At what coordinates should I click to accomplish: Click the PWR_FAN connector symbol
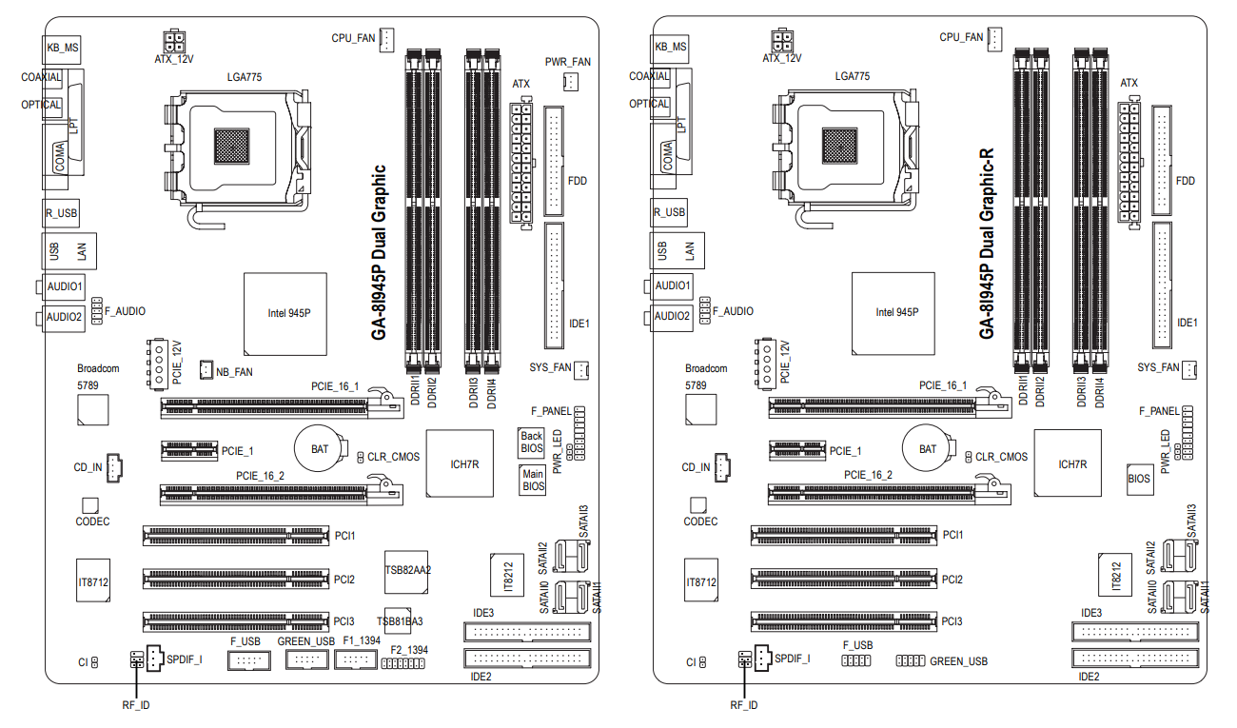(x=571, y=82)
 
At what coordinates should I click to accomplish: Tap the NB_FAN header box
(x=206, y=370)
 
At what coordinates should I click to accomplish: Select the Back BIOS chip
(x=531, y=443)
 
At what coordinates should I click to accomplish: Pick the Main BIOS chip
(x=533, y=480)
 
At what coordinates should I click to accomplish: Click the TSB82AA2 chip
(x=406, y=572)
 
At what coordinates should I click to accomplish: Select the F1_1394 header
(x=356, y=659)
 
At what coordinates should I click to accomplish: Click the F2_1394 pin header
(x=403, y=663)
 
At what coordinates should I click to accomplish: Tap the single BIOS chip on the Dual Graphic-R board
(x=1140, y=479)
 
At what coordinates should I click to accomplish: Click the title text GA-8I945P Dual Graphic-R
(x=987, y=244)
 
